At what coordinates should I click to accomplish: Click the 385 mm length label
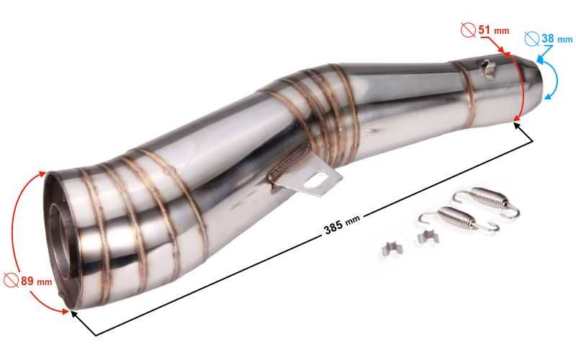pos(342,225)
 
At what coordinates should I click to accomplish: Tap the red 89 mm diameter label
pos(36,282)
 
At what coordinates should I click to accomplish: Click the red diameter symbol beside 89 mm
pos(11,280)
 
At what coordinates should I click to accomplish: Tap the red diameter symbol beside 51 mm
pos(469,30)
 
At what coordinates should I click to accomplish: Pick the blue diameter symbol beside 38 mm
pos(532,38)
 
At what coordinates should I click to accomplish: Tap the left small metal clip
pos(392,248)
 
